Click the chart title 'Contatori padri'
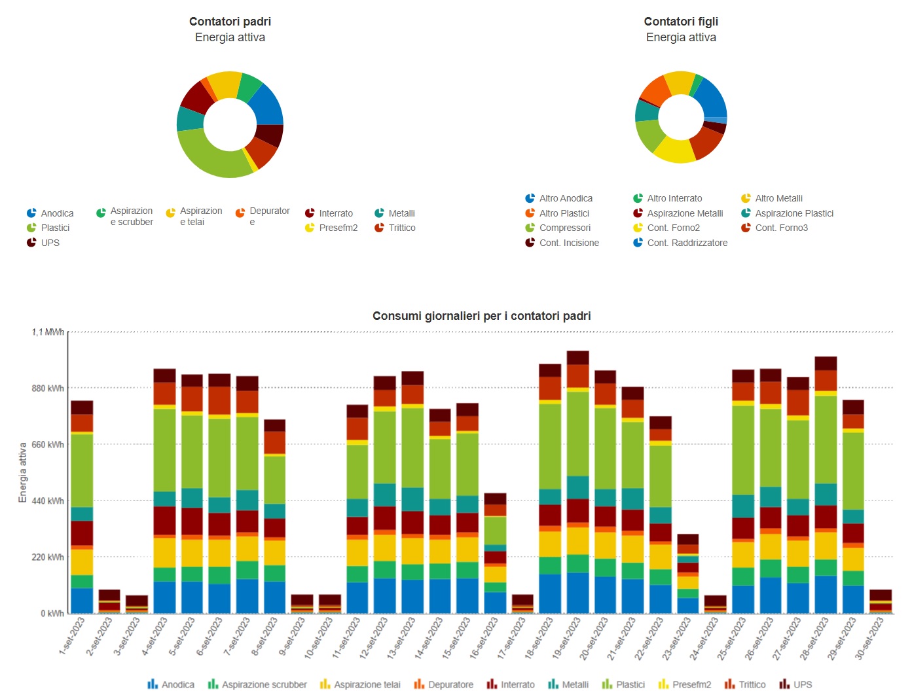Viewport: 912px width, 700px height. coord(230,22)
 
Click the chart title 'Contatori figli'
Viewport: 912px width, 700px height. coord(681,22)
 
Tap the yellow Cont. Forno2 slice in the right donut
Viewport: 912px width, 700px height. coord(674,151)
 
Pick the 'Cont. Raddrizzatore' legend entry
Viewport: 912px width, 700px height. coord(687,243)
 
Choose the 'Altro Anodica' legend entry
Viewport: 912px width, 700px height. coord(566,198)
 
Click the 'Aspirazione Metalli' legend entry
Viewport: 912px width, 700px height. coord(685,213)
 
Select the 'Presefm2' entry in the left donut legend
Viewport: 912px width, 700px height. coord(338,228)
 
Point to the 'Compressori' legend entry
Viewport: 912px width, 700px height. coord(564,228)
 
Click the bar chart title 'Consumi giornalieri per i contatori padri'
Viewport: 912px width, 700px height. coord(481,316)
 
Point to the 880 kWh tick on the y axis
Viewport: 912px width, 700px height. coord(48,389)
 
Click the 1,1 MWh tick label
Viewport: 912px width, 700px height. coord(48,332)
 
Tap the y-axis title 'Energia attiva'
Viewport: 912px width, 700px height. coord(23,472)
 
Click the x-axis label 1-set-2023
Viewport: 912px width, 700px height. coord(72,636)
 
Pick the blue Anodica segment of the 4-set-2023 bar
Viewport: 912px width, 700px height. coord(164,597)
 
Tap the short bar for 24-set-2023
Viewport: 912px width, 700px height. coord(716,604)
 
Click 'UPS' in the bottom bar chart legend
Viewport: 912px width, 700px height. coord(802,684)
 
